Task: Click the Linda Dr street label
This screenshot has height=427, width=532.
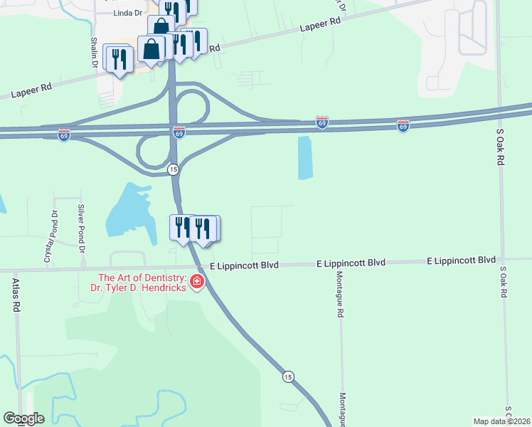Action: pos(128,13)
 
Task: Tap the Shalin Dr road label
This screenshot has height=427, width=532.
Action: pos(94,53)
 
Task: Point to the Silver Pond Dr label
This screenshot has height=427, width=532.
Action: pos(81,229)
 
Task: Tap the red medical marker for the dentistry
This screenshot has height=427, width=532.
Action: pos(196,283)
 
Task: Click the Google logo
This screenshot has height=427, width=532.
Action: pos(23,418)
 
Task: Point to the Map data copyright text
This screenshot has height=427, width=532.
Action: pos(502,421)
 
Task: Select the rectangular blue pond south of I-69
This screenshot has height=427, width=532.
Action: pos(305,157)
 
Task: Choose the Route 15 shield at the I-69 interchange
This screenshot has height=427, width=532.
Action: pos(173,169)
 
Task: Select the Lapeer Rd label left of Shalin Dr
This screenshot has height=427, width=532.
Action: pos(31,90)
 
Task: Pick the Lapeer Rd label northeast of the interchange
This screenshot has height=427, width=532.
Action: pos(320,23)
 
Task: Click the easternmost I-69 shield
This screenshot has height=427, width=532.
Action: pos(403,126)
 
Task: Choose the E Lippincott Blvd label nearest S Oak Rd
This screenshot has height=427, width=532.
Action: pos(461,261)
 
